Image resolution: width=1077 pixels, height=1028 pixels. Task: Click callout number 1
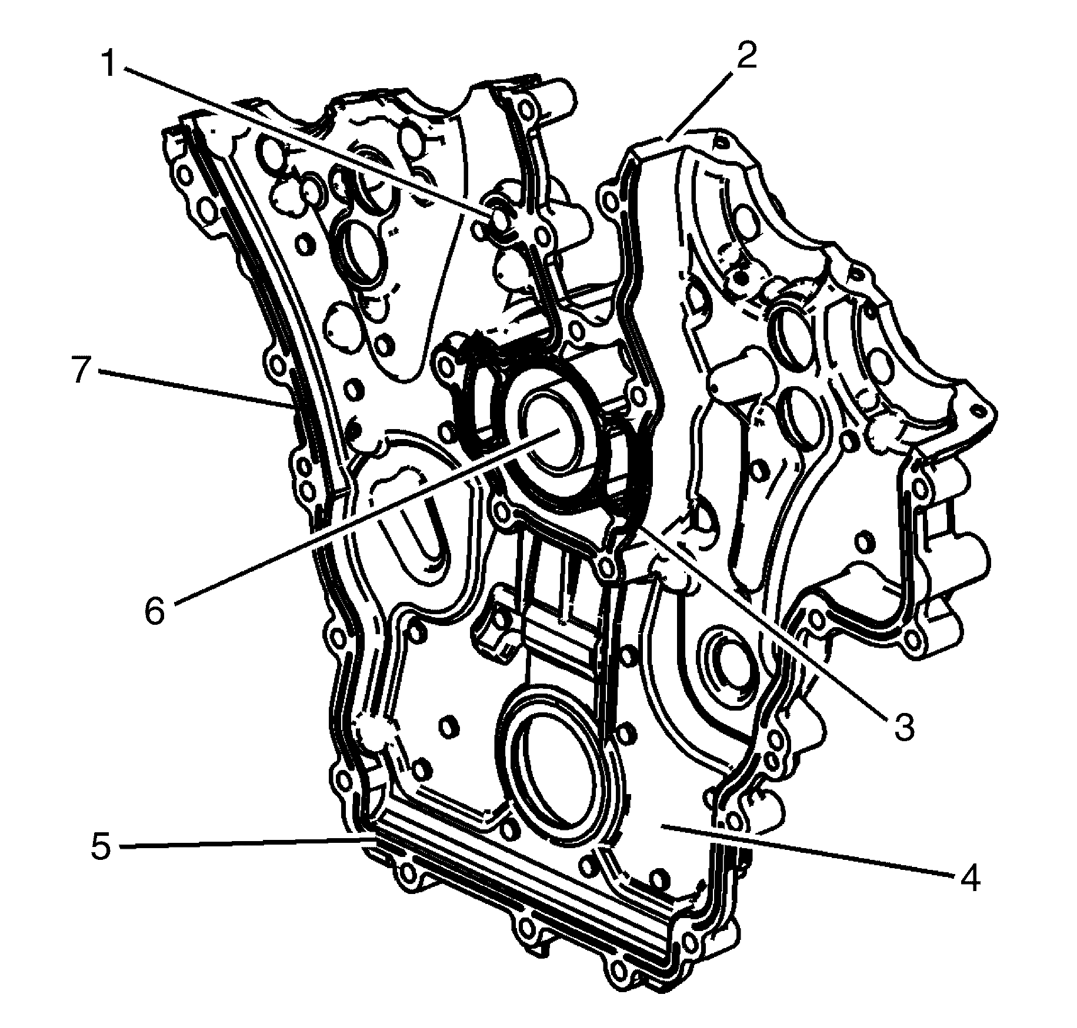[109, 65]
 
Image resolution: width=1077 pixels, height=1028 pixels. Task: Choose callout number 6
[155, 611]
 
